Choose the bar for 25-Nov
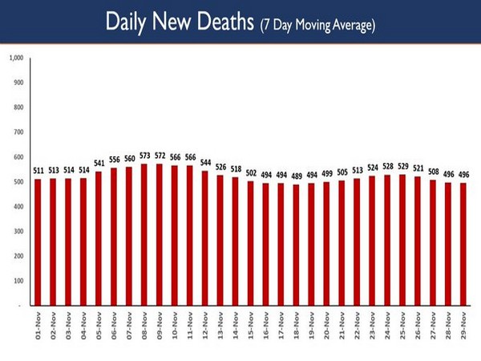coord(402,240)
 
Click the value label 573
coord(144,155)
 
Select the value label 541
coord(99,163)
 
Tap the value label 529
coord(402,166)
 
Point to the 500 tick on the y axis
coord(19,181)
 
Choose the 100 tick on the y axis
coord(19,281)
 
